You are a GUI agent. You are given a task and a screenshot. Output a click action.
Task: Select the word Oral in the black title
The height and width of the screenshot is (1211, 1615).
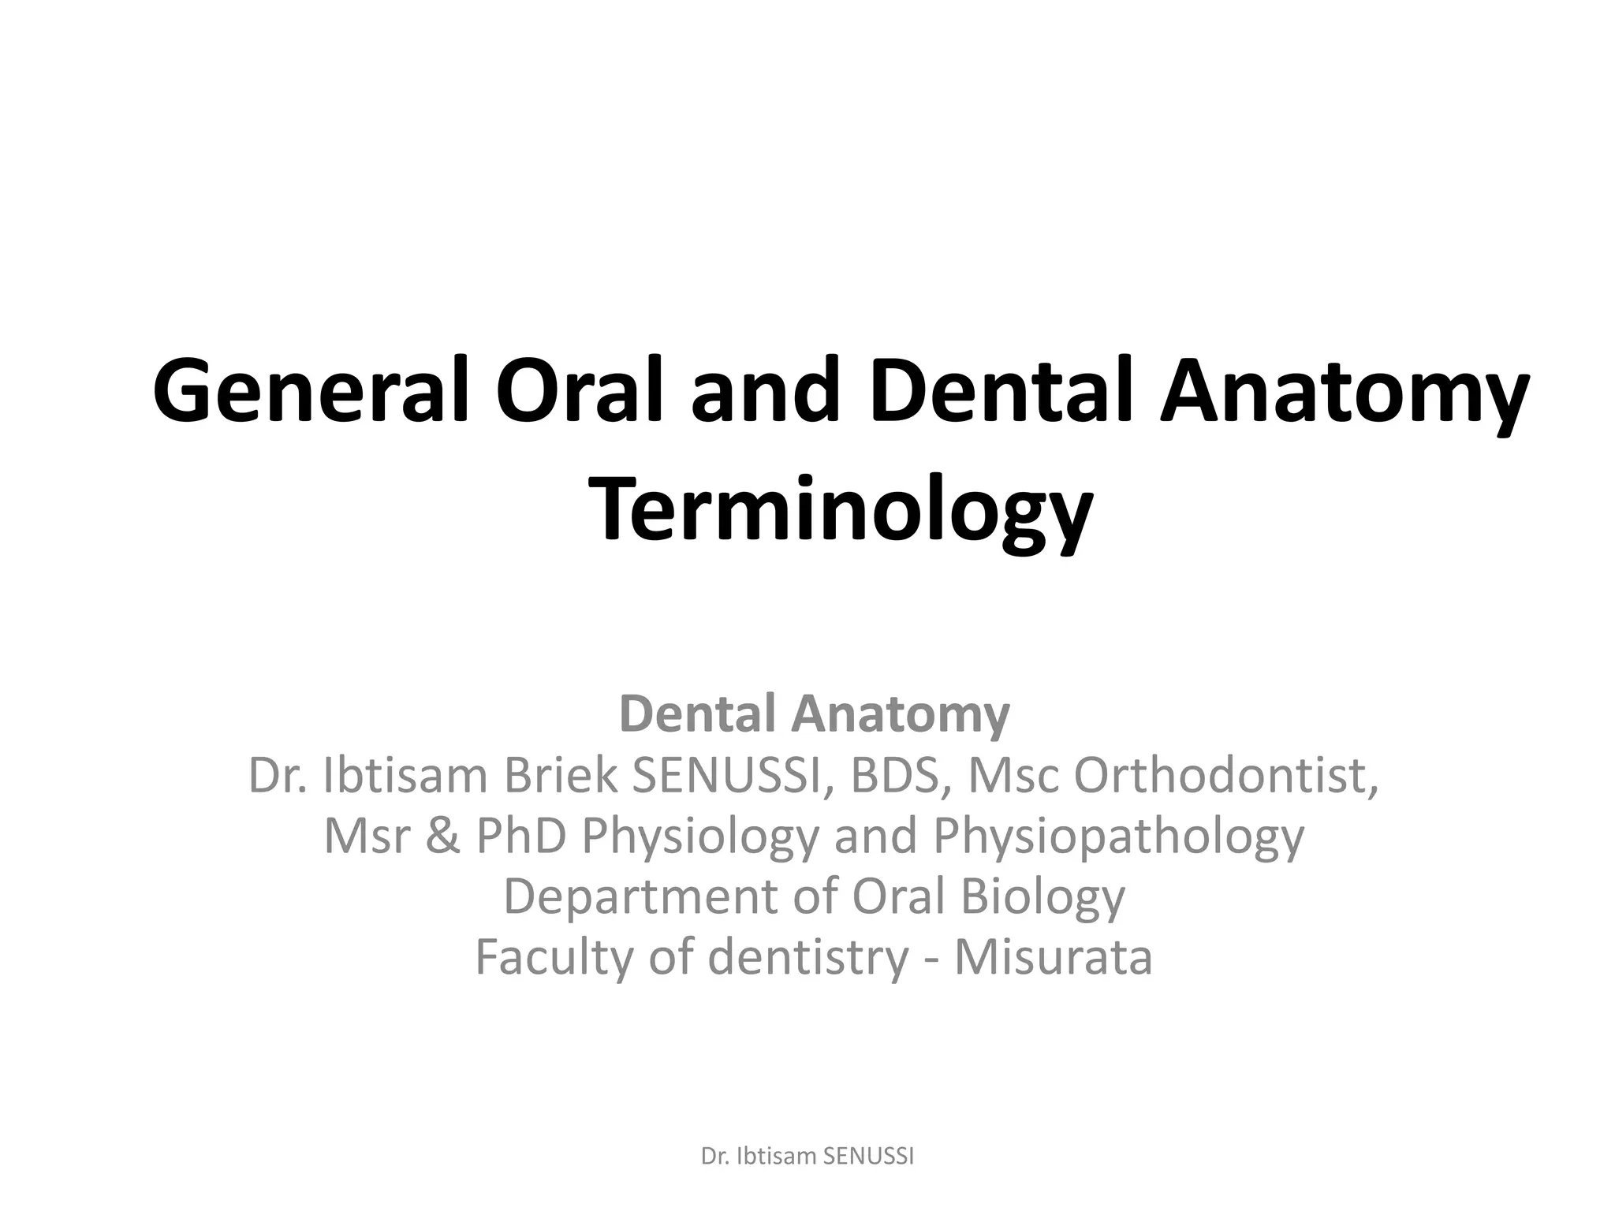coord(584,392)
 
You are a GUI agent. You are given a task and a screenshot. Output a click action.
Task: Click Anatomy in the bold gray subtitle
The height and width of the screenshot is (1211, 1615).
coord(901,714)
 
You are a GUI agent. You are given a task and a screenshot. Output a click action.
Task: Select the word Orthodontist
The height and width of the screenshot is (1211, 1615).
coord(1226,776)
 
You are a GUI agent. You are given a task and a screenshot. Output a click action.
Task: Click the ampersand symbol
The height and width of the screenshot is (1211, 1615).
coord(443,836)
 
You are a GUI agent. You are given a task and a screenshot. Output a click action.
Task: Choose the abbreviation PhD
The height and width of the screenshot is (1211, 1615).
coord(521,836)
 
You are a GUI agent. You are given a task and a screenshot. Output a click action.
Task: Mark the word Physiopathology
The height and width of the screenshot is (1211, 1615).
coord(1119,837)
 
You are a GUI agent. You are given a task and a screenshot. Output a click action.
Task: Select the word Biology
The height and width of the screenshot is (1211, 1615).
coord(1042,897)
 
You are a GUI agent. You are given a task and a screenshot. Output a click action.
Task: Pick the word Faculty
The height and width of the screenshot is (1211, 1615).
coord(554,957)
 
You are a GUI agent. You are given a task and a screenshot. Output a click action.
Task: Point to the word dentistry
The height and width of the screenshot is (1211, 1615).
coord(809,957)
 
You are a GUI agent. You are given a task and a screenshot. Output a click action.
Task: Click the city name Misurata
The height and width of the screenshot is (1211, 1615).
coord(1054,957)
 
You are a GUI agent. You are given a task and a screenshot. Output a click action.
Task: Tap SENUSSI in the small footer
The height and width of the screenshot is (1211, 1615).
coord(868,1157)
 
